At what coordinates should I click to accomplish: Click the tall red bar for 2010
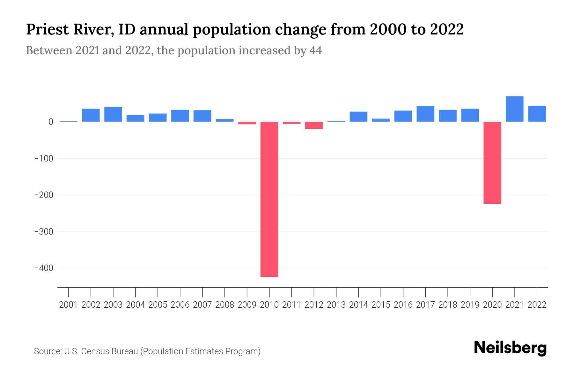click(x=269, y=199)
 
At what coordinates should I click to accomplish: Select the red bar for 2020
click(x=492, y=163)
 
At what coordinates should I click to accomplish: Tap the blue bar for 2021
click(x=514, y=109)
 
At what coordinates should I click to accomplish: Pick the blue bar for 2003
click(x=113, y=114)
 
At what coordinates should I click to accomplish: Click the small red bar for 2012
click(x=314, y=125)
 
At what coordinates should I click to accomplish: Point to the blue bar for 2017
click(x=425, y=114)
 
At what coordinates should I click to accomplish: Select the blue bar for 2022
click(x=537, y=114)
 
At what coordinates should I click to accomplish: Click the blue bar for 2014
click(x=358, y=116)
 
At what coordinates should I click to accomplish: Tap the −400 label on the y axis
click(x=44, y=268)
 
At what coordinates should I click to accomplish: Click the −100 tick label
click(x=44, y=159)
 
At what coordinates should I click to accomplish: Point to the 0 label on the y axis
click(x=51, y=122)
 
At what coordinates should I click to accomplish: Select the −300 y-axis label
click(x=44, y=231)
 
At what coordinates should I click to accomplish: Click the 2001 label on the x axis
click(x=69, y=305)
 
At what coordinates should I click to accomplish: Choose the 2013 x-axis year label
click(x=336, y=305)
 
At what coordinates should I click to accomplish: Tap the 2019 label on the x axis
click(x=470, y=305)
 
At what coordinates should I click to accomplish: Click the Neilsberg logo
click(x=510, y=348)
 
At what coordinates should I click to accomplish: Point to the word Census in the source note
click(x=95, y=351)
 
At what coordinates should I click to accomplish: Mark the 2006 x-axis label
click(x=180, y=305)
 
